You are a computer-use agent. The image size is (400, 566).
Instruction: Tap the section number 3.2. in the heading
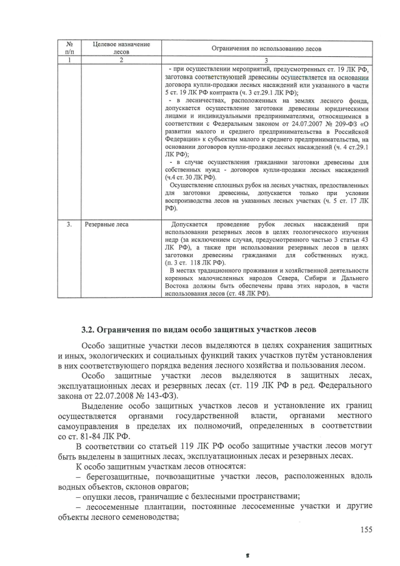pyautogui.click(x=91, y=329)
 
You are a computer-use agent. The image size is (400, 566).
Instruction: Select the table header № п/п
pyautogui.click(x=70, y=48)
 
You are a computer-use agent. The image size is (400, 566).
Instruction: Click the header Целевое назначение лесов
pyautogui.click(x=121, y=48)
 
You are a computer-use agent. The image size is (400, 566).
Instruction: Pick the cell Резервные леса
pyautogui.click(x=107, y=223)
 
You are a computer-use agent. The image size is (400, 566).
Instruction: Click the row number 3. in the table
pyautogui.click(x=70, y=223)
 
